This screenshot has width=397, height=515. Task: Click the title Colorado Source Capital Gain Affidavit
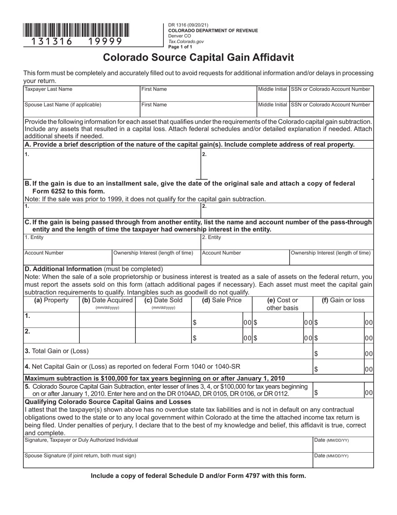tap(198, 57)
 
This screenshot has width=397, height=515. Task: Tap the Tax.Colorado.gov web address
tap(186, 41)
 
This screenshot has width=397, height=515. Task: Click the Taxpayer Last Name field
tap(81, 93)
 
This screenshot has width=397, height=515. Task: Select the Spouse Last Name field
tap(81, 108)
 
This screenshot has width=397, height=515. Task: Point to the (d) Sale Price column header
tap(222, 300)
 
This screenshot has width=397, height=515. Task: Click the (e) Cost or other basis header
tap(282, 304)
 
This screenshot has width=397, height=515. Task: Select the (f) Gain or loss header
tap(343, 300)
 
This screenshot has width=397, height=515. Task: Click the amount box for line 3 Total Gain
tap(338, 353)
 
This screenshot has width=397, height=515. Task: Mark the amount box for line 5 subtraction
tap(338, 393)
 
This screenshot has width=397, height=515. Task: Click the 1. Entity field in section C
tap(112, 241)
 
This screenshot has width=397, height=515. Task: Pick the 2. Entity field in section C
tap(287, 241)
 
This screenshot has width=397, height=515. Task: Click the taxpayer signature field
tap(168, 445)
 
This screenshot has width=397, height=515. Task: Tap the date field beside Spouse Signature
tap(343, 460)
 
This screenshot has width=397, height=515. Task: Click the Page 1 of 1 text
tap(180, 47)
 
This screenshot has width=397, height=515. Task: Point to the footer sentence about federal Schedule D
tap(198, 476)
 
